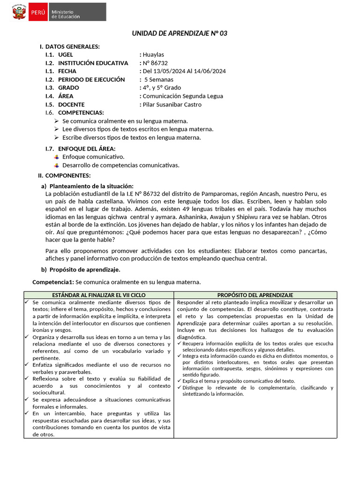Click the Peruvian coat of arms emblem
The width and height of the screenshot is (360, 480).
tap(19, 12)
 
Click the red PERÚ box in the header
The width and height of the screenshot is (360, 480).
tap(37, 12)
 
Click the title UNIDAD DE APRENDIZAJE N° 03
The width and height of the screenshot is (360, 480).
tap(180, 33)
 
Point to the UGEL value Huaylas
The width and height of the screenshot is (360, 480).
tap(153, 55)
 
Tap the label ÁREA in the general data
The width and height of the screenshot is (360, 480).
tap(66, 96)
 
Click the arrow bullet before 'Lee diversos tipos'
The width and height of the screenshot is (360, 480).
tap(56, 129)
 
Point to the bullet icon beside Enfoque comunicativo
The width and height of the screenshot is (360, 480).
tap(57, 157)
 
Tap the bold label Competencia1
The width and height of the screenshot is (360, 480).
tap(53, 282)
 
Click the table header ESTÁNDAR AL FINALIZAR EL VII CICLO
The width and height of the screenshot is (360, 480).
tap(99, 295)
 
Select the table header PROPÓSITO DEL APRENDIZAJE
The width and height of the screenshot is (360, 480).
tap(255, 295)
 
